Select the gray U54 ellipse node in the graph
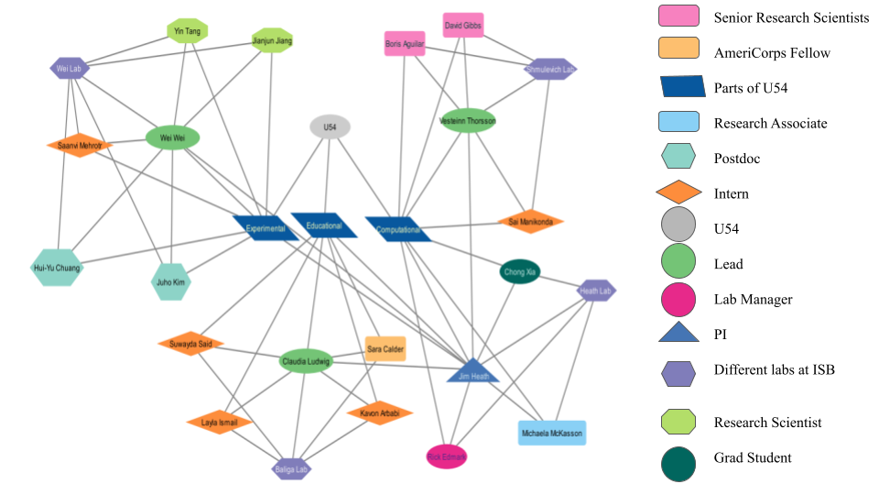(330, 127)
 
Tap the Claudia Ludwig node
(305, 361)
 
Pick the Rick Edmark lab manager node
(447, 456)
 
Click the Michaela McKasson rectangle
(552, 433)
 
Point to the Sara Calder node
(385, 348)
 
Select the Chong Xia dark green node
(519, 271)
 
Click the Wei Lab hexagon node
(70, 67)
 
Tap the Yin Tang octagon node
(187, 31)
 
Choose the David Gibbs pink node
(462, 25)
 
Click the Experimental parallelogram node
(266, 227)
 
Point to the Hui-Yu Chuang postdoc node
(57, 268)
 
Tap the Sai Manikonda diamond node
(530, 221)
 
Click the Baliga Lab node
(292, 468)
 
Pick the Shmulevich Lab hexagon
(550, 68)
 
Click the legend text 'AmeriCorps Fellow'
(772, 52)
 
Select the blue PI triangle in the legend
(678, 333)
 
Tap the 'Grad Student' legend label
(753, 457)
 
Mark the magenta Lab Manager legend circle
(678, 299)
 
